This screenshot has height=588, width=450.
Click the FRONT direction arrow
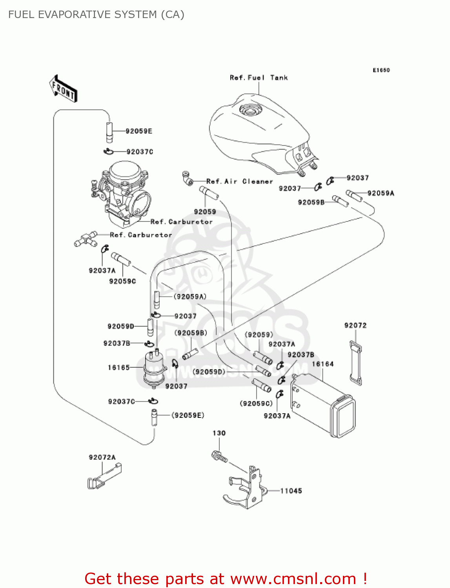63,89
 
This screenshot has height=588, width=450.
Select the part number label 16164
322,364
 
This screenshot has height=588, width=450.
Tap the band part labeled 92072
356,363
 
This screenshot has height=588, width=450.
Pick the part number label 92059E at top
139,131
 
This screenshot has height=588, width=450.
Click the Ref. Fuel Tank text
259,78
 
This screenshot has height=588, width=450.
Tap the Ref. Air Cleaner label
239,181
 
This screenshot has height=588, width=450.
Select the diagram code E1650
381,70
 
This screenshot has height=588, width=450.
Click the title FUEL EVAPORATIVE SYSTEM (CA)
96,15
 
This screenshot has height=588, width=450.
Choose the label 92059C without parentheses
122,281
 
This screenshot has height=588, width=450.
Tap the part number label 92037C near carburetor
140,152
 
